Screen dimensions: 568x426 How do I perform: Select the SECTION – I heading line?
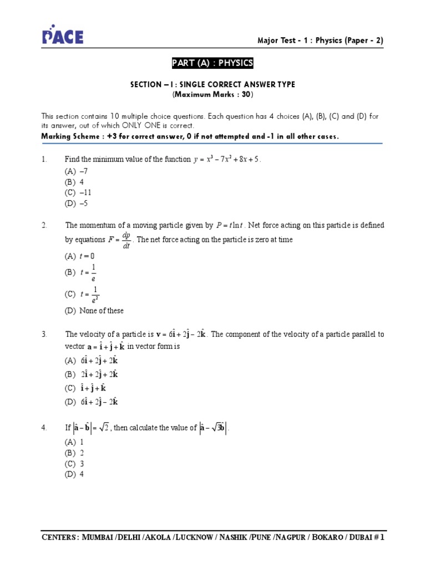(212, 84)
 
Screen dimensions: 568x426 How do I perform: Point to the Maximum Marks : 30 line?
(212, 95)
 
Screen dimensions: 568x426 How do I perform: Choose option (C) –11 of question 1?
(78, 192)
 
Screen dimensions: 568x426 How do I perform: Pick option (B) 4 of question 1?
(74, 182)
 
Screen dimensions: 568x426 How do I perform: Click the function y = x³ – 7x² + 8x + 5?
(226, 160)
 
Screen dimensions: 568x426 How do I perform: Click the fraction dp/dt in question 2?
(126, 240)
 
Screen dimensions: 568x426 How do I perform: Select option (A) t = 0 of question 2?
(80, 256)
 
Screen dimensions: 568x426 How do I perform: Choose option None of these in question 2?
(94, 311)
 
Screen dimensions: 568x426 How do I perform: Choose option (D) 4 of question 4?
(74, 474)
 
